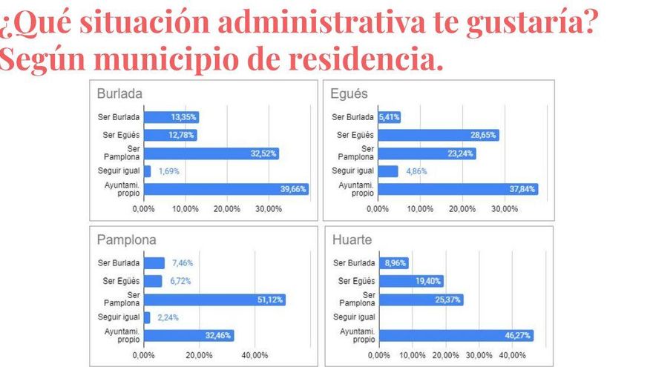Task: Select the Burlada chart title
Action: pos(119,94)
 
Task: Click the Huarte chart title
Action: pos(353,240)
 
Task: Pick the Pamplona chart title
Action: pos(127,240)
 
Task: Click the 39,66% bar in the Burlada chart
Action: pos(226,189)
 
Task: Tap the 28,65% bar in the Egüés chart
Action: pos(438,135)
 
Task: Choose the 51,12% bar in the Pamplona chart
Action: pos(214,300)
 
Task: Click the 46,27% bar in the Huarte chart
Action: pos(456,335)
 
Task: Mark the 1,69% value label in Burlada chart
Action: pos(168,171)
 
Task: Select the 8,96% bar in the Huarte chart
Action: pos(393,262)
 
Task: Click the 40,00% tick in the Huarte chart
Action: pos(513,355)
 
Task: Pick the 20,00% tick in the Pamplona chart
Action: pos(199,355)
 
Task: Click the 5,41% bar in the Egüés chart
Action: pos(389,117)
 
